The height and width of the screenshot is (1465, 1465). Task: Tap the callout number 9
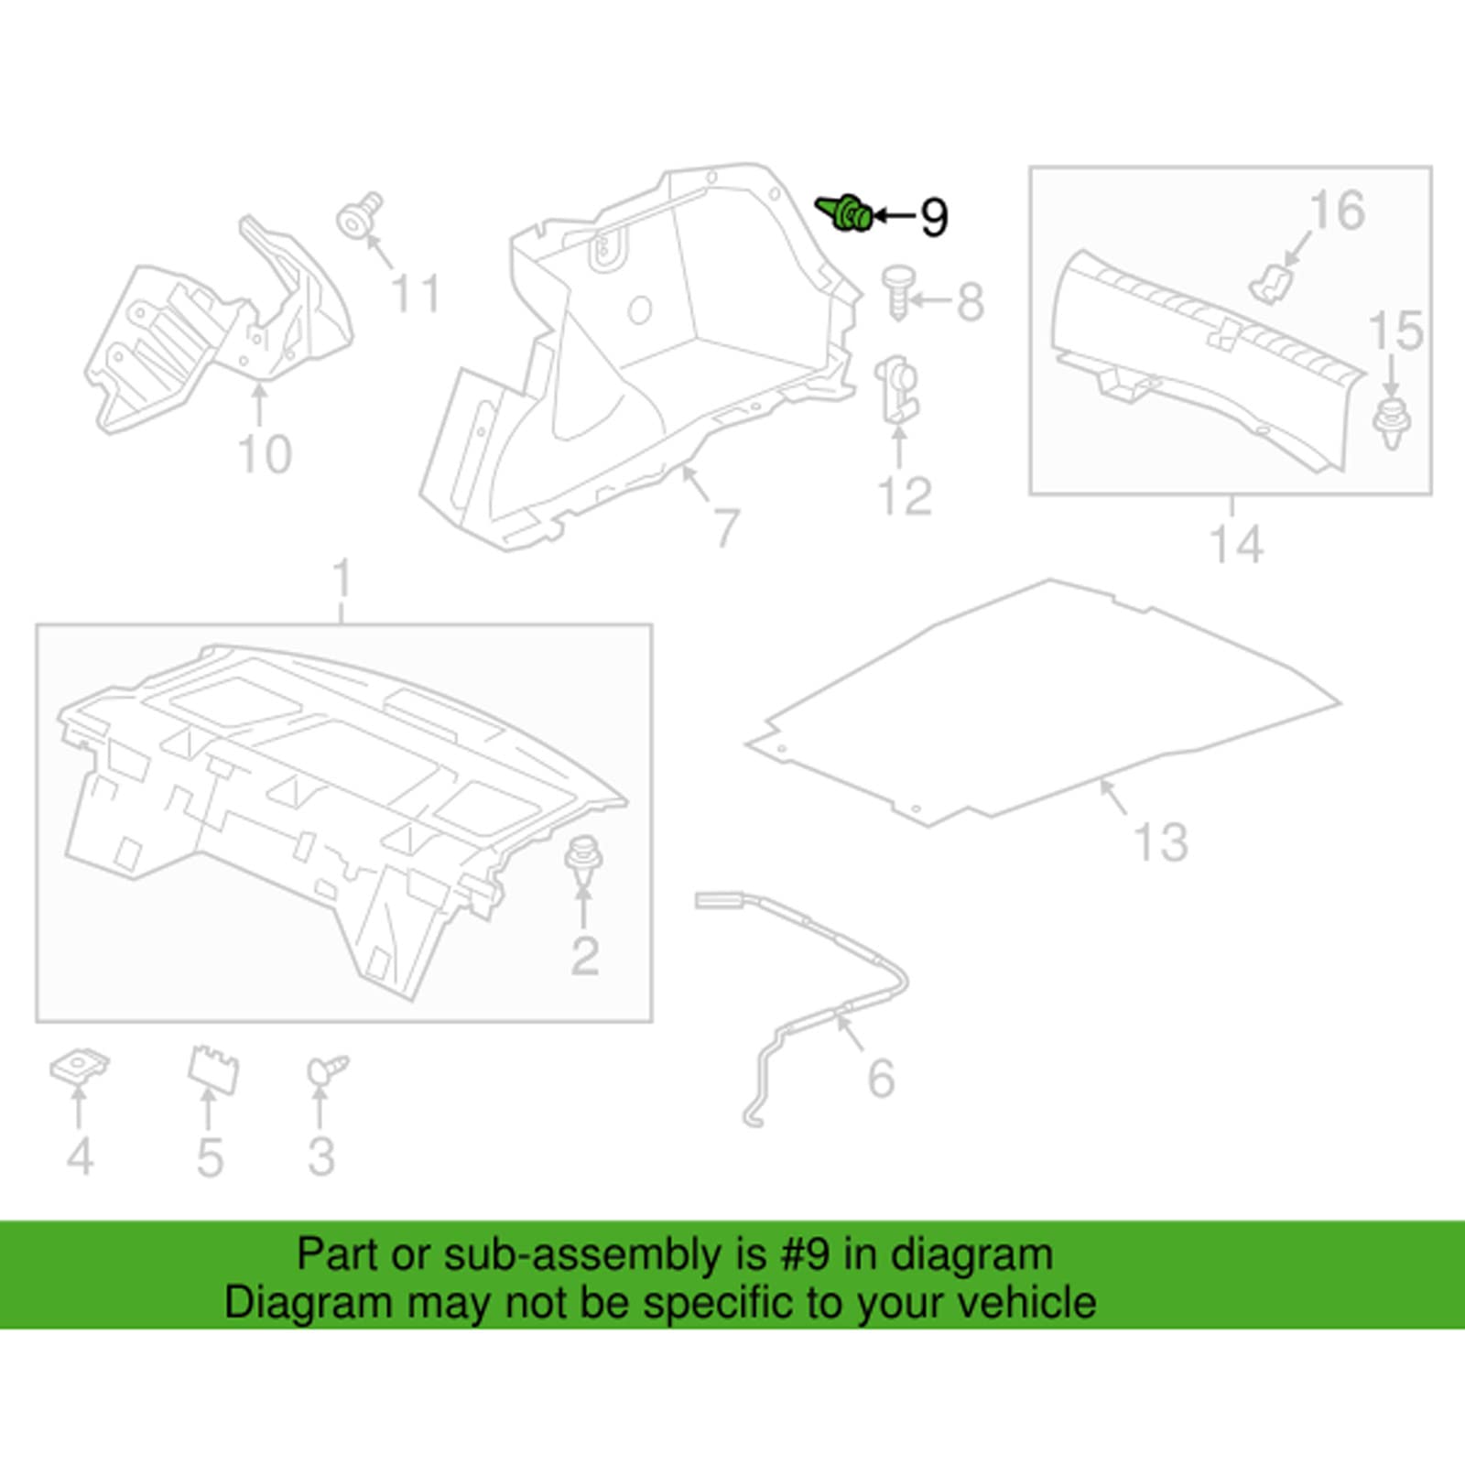coord(934,218)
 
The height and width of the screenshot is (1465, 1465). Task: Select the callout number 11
coord(416,294)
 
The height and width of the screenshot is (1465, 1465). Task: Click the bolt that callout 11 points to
coord(360,217)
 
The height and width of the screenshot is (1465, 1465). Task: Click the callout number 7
coord(726,527)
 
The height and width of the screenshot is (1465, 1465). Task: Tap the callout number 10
coord(265,454)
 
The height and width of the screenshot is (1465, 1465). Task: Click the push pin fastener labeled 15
coord(1392,421)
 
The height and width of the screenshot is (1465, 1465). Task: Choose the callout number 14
coord(1237,544)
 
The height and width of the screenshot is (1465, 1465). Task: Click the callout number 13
coord(1161,842)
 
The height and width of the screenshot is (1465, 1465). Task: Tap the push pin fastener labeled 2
coord(582,860)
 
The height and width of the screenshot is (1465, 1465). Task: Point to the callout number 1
coord(342,579)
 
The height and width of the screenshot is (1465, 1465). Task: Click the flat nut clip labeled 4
coord(79,1067)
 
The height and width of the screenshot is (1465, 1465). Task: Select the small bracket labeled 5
coord(212,1069)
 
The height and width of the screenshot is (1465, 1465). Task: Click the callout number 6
coord(881,1078)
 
